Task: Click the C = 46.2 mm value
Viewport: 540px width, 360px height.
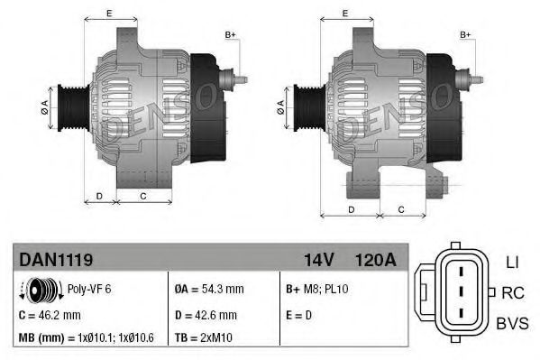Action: click(x=50, y=315)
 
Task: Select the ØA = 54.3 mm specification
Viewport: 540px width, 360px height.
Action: click(x=208, y=290)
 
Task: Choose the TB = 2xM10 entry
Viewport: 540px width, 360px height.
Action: click(x=206, y=338)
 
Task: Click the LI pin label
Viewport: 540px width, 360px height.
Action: click(x=511, y=262)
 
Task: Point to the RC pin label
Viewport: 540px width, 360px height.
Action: click(x=513, y=292)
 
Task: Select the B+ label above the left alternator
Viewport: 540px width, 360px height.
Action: click(x=230, y=35)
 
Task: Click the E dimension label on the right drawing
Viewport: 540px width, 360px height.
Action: click(x=345, y=13)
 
